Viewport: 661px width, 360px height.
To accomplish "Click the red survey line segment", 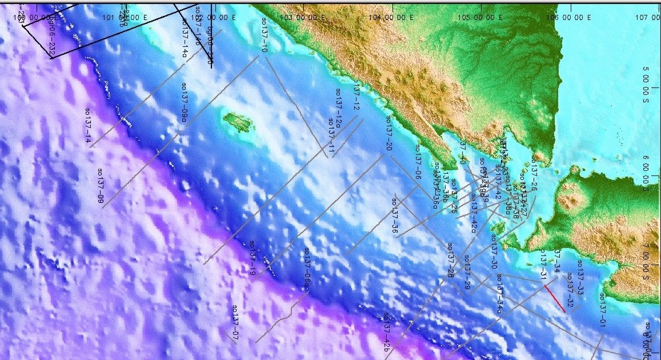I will click(555, 298).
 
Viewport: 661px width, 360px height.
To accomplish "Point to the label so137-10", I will click(265, 35).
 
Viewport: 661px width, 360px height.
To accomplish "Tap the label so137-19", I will click(252, 258).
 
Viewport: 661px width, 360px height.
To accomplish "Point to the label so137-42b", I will click(387, 333).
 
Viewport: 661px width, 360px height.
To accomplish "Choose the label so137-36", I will click(395, 216).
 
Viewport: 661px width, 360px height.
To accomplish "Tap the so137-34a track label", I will click(499, 293).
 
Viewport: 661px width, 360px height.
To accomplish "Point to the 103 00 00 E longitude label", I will click(303, 17).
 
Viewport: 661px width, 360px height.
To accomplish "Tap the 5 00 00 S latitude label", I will click(646, 77).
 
